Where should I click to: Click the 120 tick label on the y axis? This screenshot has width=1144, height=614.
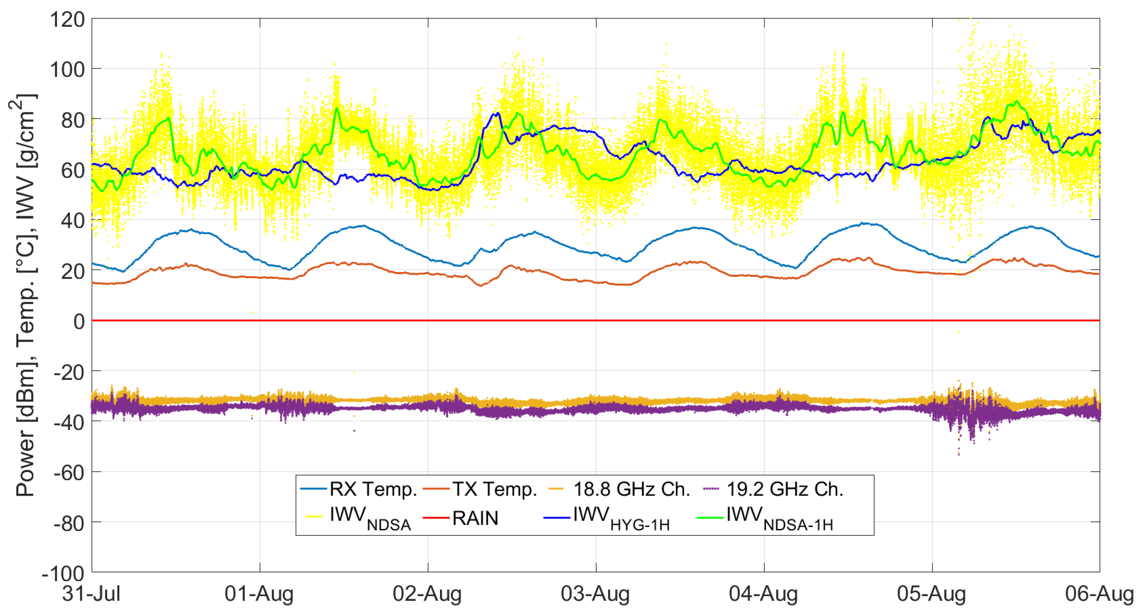point(67,19)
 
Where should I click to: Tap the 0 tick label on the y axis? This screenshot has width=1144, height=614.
point(79,321)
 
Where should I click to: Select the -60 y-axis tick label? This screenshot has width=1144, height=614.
point(69,473)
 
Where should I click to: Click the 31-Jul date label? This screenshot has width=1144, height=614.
point(91,593)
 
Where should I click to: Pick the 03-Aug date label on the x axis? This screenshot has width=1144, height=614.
point(595,593)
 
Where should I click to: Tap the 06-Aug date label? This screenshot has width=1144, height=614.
point(1099,593)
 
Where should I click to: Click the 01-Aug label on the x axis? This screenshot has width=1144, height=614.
point(259,593)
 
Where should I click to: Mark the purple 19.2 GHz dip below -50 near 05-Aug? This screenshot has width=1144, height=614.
point(959,453)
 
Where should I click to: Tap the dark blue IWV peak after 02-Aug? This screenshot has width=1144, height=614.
point(497,114)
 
